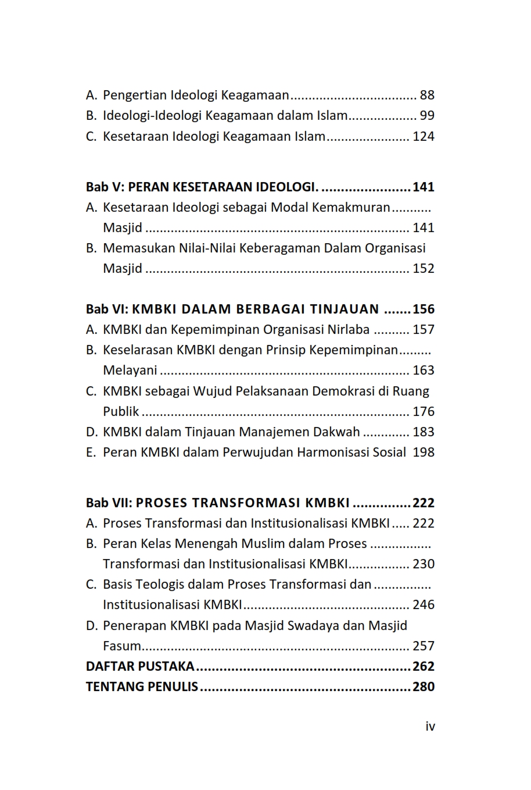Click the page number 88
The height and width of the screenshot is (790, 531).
(427, 95)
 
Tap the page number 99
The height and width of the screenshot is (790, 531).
(427, 116)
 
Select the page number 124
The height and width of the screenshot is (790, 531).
(424, 137)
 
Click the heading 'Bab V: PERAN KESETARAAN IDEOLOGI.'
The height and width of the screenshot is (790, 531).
(202, 187)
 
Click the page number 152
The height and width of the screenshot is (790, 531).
(424, 269)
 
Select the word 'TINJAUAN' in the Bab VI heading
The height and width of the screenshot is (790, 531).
(345, 309)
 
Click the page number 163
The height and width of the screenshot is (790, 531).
(424, 371)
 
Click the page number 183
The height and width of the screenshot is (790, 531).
(424, 432)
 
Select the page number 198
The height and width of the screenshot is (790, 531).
(424, 453)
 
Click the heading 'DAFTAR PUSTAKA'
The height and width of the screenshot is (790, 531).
(140, 667)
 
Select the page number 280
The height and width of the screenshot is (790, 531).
(424, 687)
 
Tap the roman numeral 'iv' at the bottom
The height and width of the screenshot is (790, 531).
(430, 727)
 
